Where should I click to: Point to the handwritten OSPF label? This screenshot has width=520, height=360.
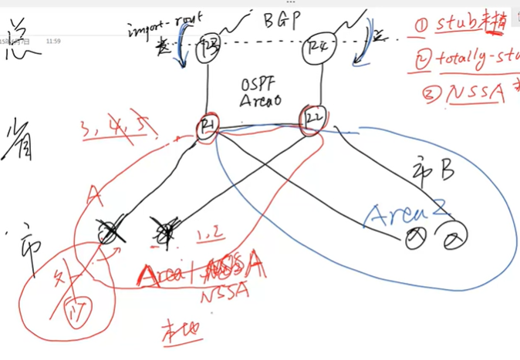257,82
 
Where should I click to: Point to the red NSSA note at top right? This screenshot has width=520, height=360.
474,93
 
